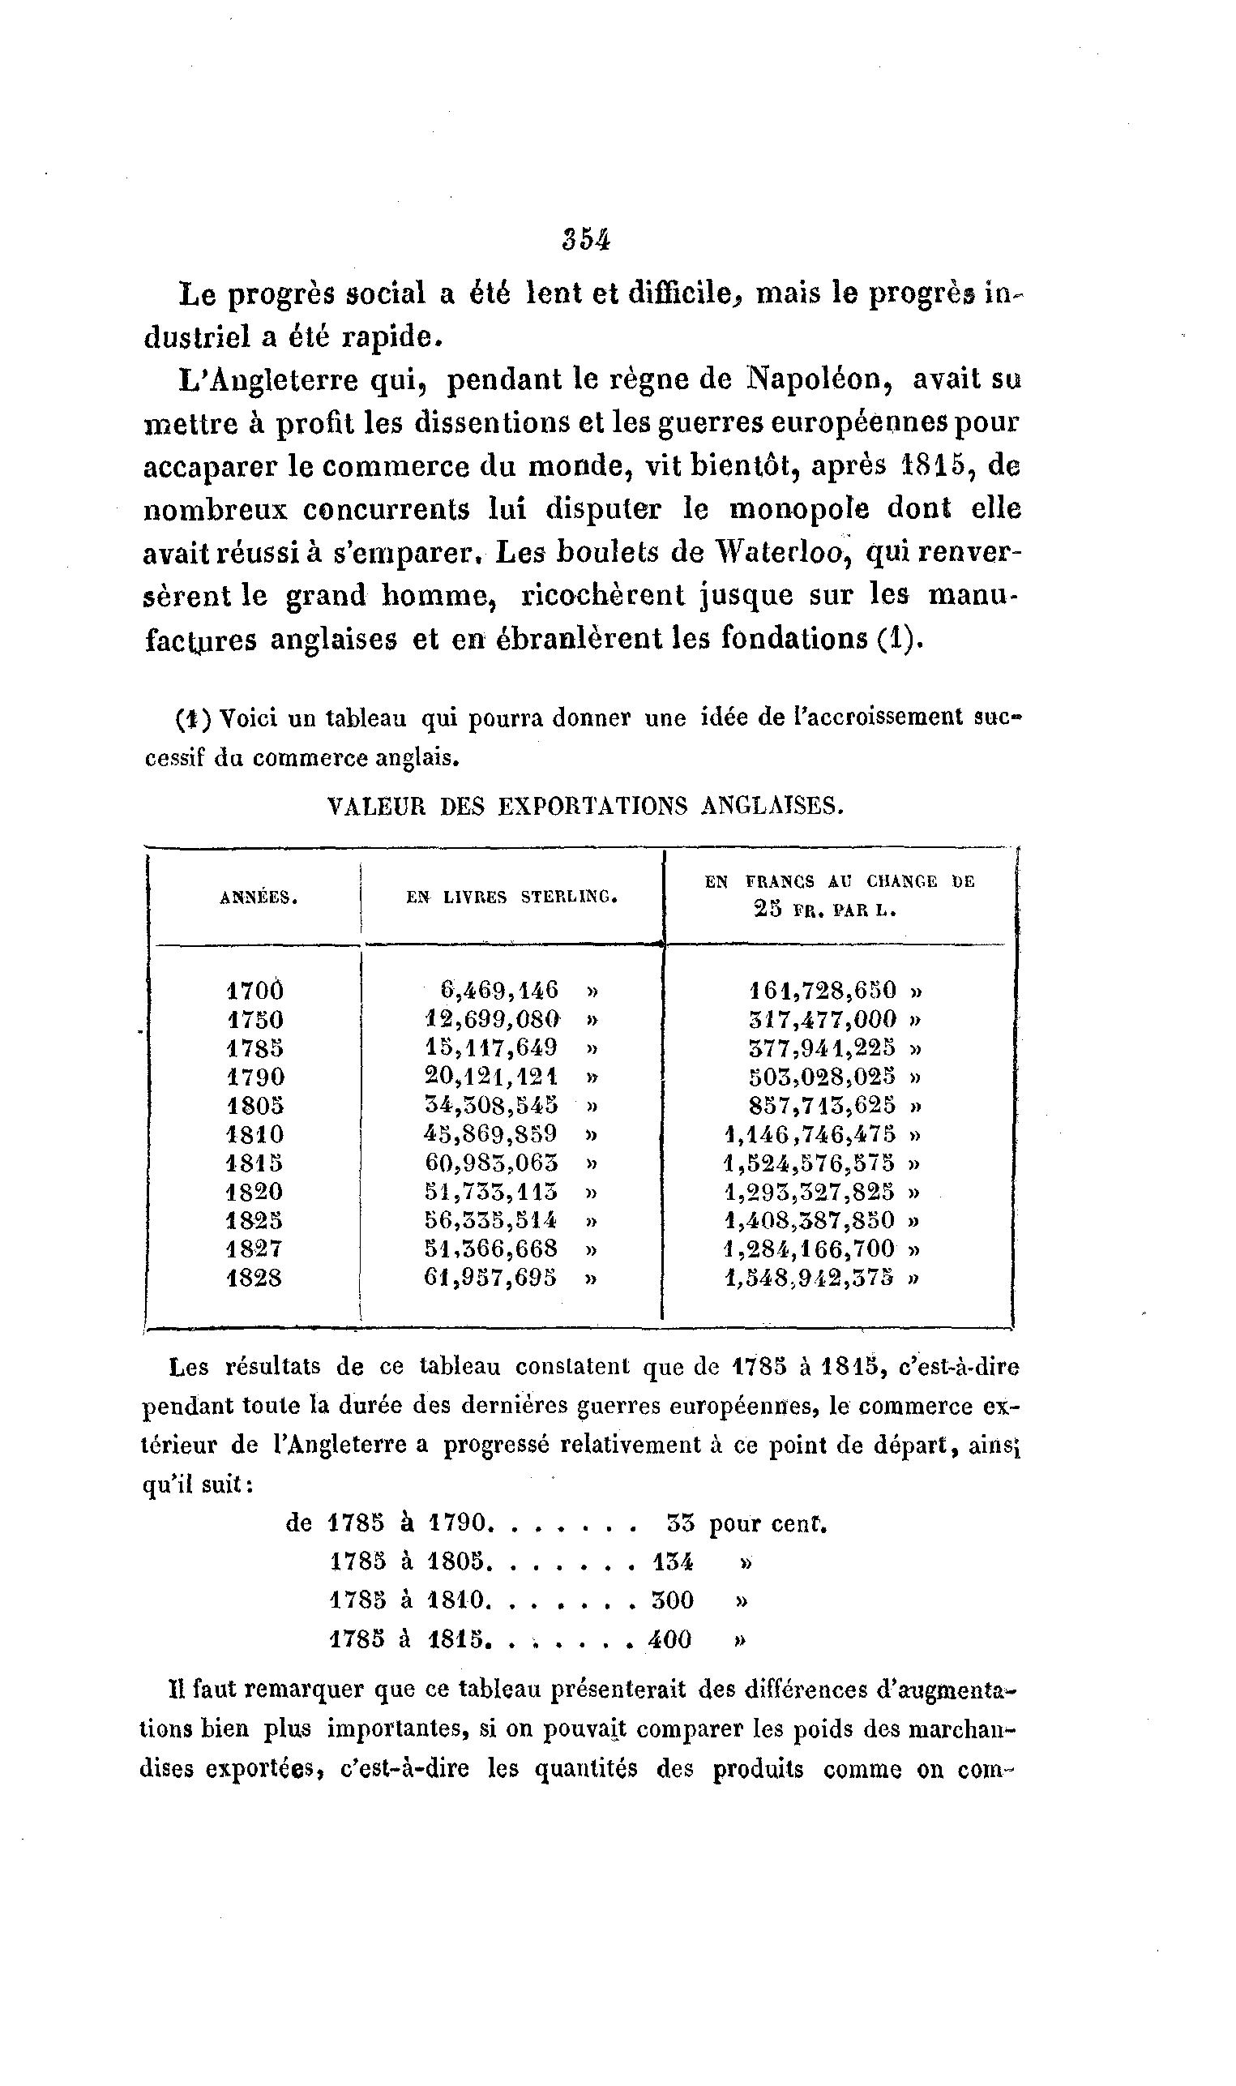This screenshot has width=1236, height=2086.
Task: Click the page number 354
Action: coord(587,239)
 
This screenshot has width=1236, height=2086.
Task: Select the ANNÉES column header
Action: coord(259,898)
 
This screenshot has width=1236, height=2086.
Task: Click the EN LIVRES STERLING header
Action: coord(511,897)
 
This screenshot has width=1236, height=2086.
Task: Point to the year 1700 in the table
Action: coord(254,991)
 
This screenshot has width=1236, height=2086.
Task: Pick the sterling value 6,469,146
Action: coord(499,991)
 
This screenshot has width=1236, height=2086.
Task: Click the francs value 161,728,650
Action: coord(823,991)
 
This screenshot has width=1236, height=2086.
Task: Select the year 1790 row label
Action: coord(255,1077)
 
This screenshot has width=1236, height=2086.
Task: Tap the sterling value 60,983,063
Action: coord(491,1163)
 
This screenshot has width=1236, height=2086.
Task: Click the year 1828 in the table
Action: coord(254,1278)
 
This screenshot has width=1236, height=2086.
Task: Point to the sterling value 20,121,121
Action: coord(491,1077)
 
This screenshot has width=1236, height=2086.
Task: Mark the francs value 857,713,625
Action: coord(823,1106)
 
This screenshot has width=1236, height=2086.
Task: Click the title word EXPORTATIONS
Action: coord(592,807)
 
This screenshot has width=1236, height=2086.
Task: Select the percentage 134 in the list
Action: coord(673,1562)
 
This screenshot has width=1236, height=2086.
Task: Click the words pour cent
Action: coord(767,1523)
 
